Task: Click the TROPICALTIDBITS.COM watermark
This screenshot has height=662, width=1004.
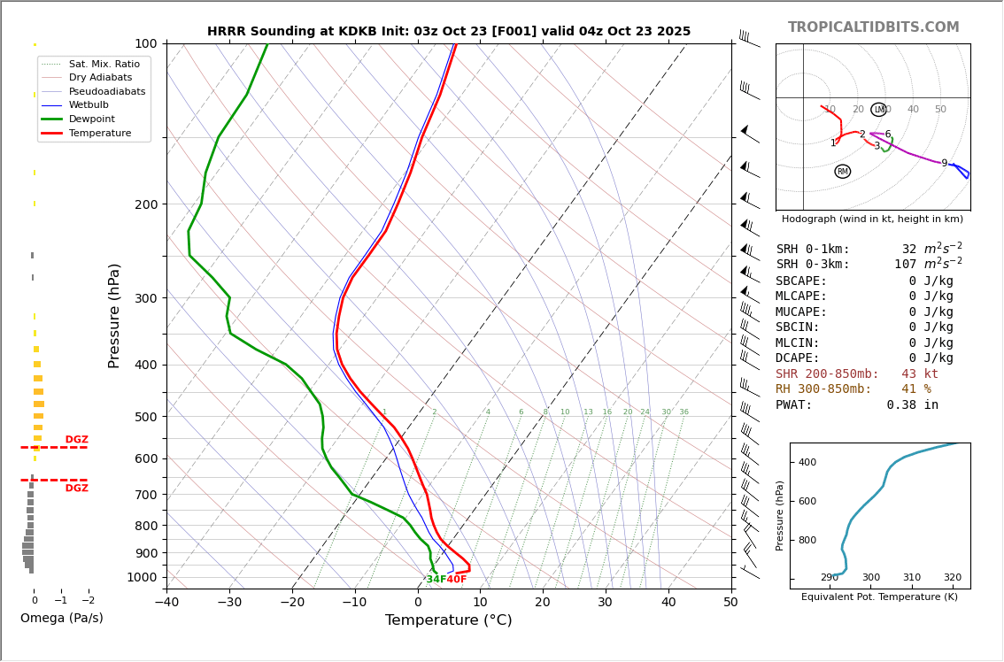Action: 873,27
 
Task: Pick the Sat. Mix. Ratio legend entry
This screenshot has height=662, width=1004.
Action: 104,64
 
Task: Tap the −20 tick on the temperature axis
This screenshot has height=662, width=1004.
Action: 292,603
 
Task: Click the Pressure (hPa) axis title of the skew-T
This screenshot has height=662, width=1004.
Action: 114,315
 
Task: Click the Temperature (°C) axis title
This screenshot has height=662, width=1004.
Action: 448,620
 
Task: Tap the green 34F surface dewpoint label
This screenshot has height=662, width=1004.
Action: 436,580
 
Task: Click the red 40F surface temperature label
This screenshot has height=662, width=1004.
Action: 457,580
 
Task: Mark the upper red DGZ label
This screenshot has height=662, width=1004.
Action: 77,440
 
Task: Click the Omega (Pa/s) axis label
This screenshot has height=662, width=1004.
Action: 61,618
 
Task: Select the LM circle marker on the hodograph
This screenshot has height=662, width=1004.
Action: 878,110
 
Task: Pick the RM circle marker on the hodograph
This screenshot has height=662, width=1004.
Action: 842,172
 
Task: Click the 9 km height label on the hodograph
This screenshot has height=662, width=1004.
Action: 944,164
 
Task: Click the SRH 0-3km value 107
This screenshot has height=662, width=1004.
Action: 905,265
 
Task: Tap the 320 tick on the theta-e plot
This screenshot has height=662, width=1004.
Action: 952,578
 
